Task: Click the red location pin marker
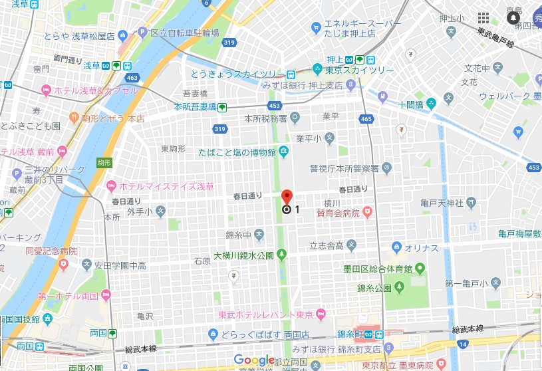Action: coord(287,197)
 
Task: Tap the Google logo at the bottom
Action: coord(254,360)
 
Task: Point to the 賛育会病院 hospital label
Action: coord(338,213)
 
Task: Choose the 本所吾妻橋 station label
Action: coord(195,106)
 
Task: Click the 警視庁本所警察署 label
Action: coord(344,168)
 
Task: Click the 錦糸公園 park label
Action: coord(374,288)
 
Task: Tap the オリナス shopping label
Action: coord(420,248)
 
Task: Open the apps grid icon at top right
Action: coord(484,18)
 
